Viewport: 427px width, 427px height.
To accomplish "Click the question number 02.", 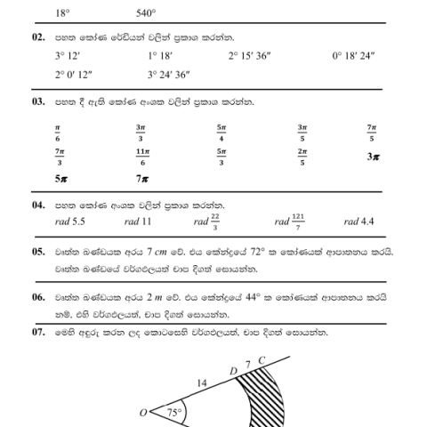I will click(38, 38).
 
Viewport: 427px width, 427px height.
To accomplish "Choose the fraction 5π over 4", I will click(221, 133).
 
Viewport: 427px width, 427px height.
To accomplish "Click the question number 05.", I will click(38, 252).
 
